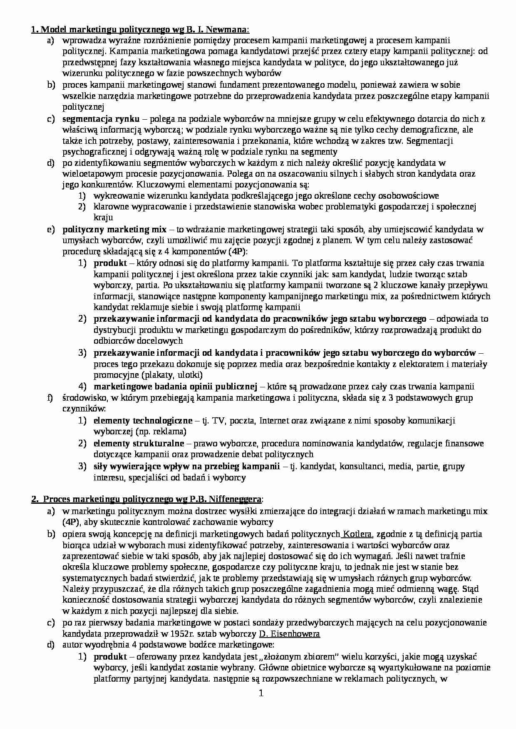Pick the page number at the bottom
(x=261, y=693)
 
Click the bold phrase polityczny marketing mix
(x=114, y=229)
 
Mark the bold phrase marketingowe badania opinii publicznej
(x=175, y=387)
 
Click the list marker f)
(x=50, y=398)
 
